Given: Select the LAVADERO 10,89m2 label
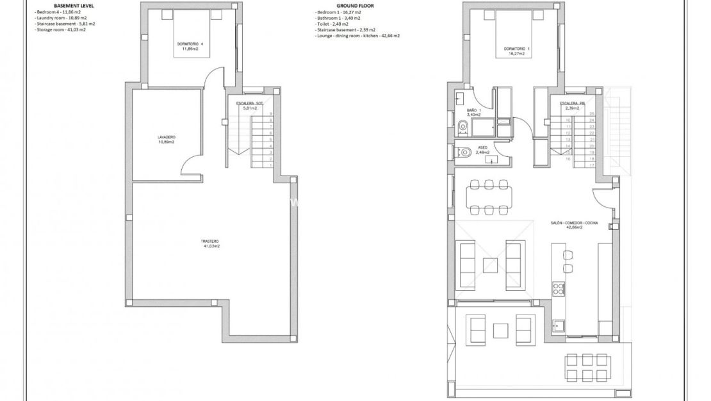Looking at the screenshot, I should [167, 139].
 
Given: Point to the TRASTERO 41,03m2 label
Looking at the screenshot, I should [211, 243].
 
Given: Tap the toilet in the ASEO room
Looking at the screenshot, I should [464, 152].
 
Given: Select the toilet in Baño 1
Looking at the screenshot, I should [462, 126].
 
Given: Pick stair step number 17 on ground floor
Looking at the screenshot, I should [592, 165].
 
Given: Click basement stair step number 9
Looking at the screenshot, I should [272, 113].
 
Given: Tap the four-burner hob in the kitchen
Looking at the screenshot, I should [559, 288].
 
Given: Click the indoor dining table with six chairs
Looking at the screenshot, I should [489, 197].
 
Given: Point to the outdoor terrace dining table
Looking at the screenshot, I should [586, 368].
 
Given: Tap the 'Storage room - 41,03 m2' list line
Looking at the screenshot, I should [61, 29].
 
